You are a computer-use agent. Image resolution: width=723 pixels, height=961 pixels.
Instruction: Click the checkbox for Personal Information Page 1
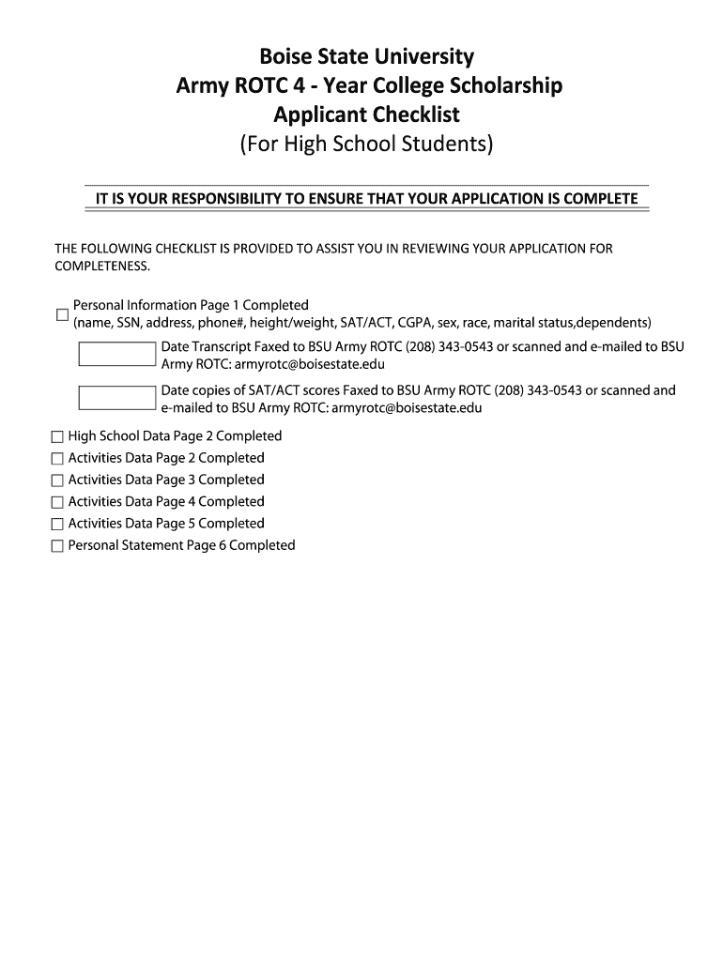[x=62, y=313]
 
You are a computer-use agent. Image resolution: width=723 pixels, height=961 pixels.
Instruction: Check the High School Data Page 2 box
[x=57, y=436]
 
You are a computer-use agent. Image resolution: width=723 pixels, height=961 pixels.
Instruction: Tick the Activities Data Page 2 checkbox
[x=57, y=459]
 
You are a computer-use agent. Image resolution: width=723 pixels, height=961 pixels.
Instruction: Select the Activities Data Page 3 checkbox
[x=57, y=480]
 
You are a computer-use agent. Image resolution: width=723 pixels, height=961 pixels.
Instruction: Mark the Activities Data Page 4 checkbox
[x=57, y=502]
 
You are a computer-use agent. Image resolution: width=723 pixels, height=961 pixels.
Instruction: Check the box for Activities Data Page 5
[x=57, y=524]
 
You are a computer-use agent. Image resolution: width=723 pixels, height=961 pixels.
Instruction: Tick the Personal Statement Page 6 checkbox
[x=57, y=546]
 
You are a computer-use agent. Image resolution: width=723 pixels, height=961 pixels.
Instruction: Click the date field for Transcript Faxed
[x=117, y=355]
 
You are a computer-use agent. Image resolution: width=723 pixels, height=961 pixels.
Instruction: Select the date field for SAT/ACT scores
[x=117, y=398]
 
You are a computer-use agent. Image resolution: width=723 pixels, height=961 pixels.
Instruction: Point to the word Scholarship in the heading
[x=503, y=86]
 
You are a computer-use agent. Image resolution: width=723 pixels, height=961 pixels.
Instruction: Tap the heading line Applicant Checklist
[x=366, y=115]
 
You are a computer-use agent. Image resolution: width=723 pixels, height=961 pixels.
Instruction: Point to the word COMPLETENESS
[x=102, y=266]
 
